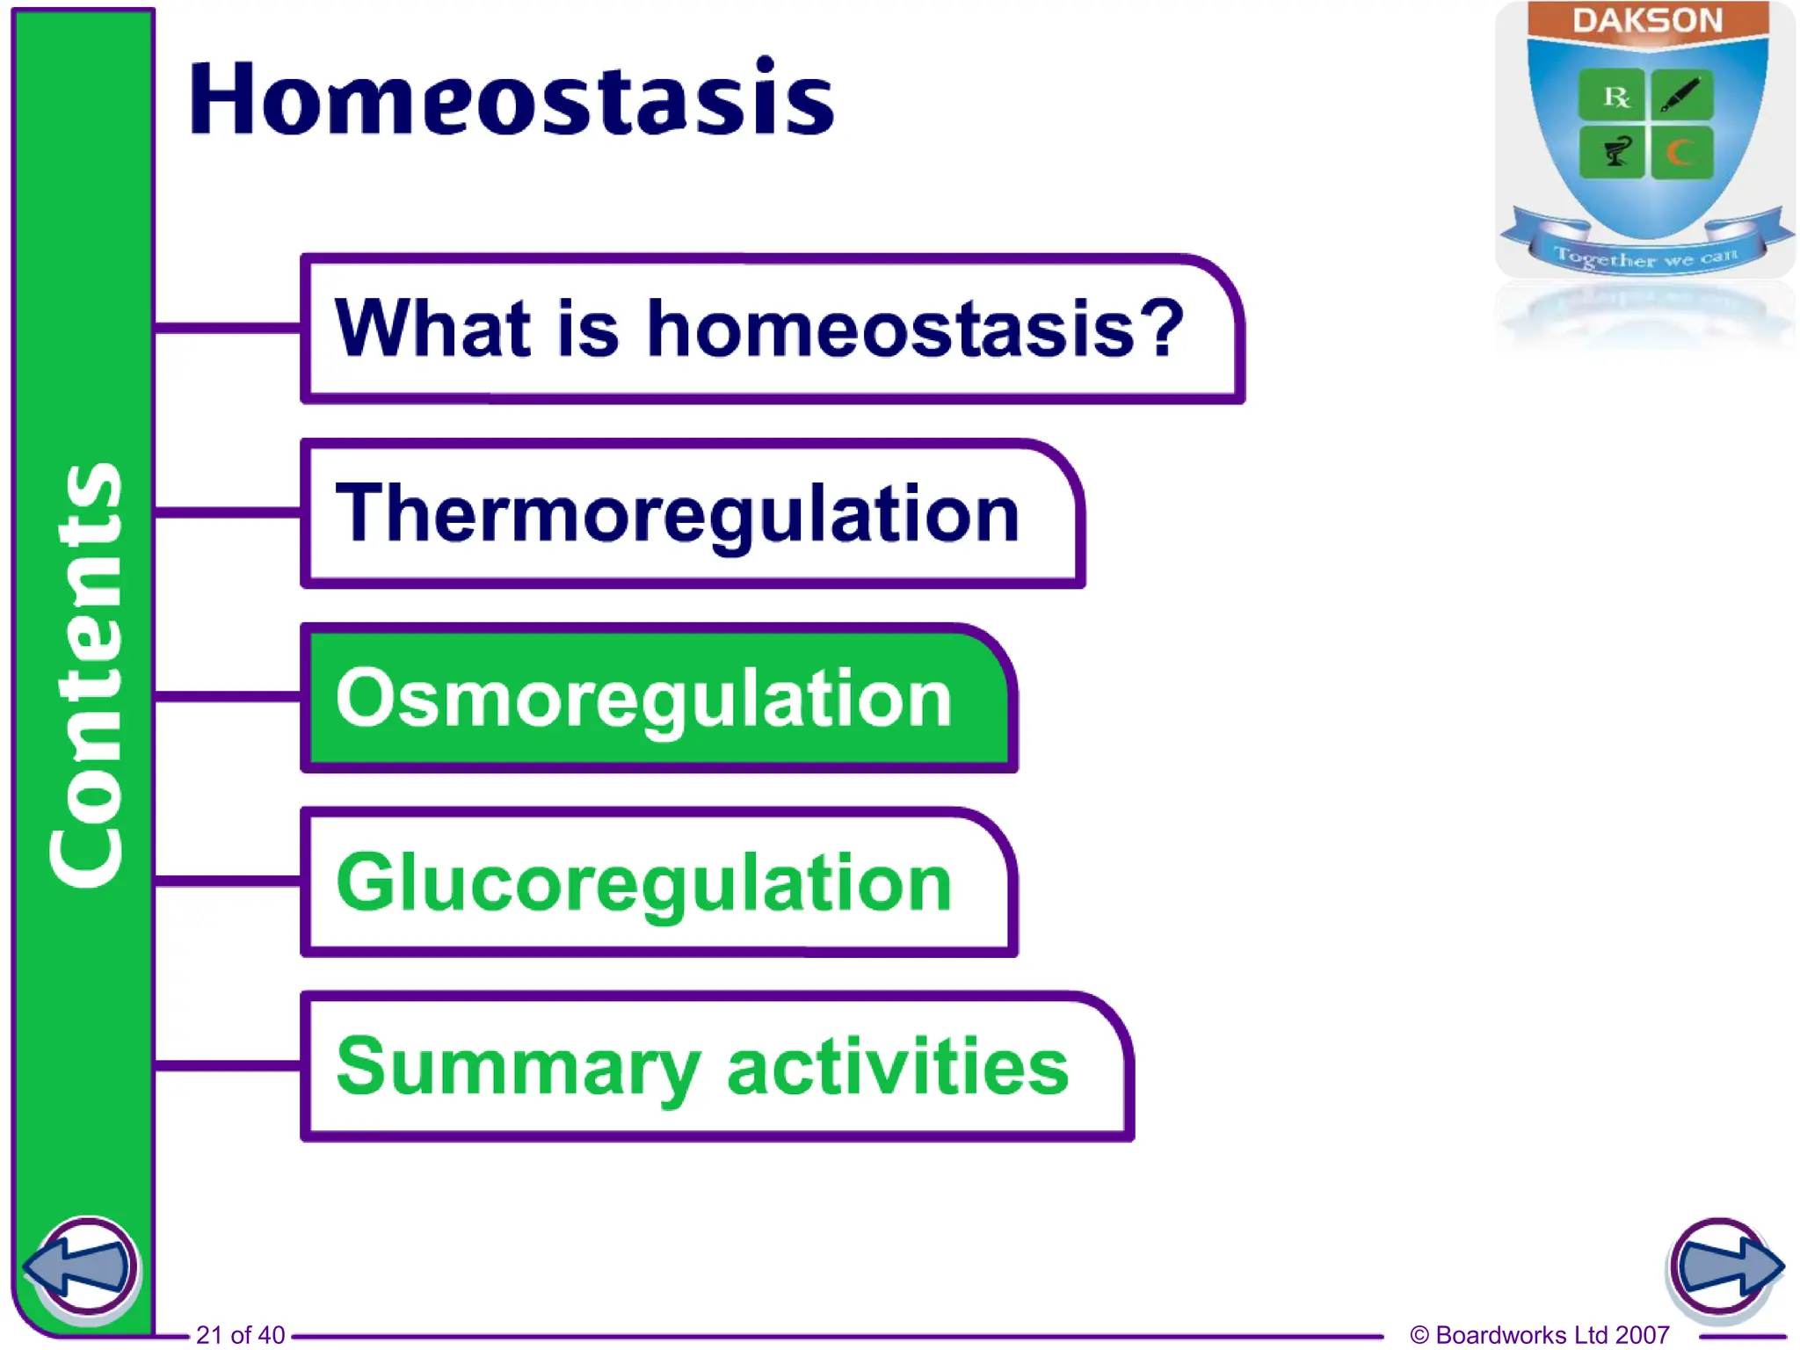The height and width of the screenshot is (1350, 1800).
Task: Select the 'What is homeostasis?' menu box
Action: [x=772, y=329]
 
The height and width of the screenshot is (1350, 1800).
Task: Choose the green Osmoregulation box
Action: [x=657, y=699]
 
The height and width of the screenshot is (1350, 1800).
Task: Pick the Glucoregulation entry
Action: [x=657, y=882]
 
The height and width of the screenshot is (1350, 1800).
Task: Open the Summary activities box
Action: [x=716, y=1066]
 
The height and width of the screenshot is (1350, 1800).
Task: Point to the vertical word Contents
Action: [x=85, y=675]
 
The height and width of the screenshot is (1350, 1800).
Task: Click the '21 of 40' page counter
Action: [x=240, y=1335]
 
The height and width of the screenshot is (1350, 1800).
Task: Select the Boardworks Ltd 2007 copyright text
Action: [x=1539, y=1335]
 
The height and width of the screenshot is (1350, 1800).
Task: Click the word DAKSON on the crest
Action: [x=1647, y=20]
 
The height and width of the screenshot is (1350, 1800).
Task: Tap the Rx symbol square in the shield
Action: [x=1612, y=95]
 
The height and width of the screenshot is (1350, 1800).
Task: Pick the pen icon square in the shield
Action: [x=1681, y=95]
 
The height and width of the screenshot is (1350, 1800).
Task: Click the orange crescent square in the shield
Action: [x=1681, y=153]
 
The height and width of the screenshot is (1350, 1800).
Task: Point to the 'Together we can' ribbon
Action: [x=1645, y=257]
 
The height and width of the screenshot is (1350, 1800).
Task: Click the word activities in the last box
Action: [x=897, y=1066]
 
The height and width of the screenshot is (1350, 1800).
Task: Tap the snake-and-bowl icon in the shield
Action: [x=1612, y=153]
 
